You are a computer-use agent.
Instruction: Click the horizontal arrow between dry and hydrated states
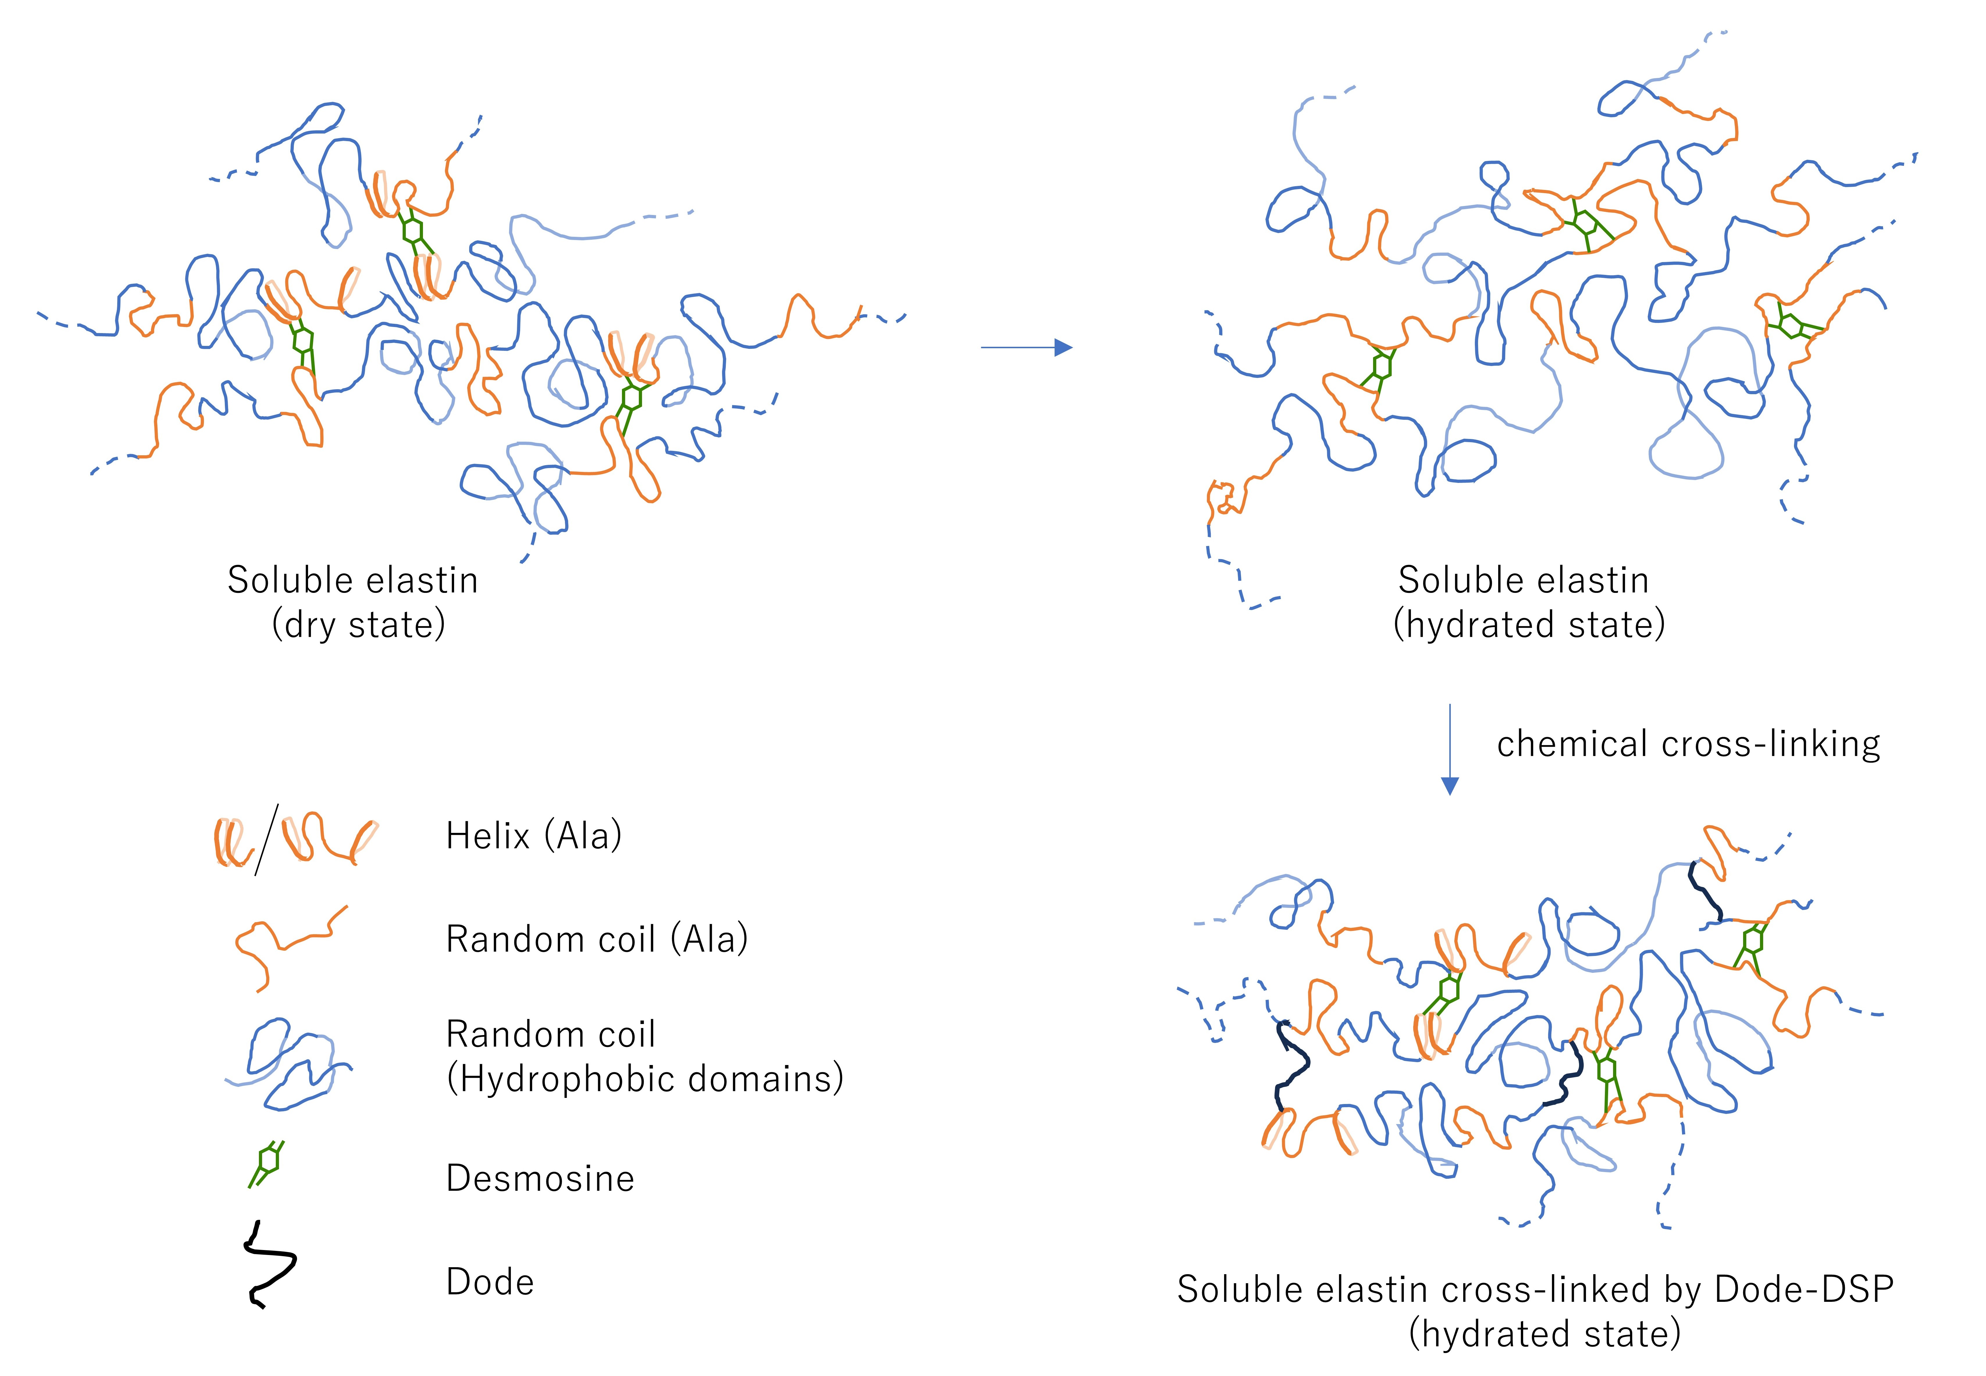pos(1026,347)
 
